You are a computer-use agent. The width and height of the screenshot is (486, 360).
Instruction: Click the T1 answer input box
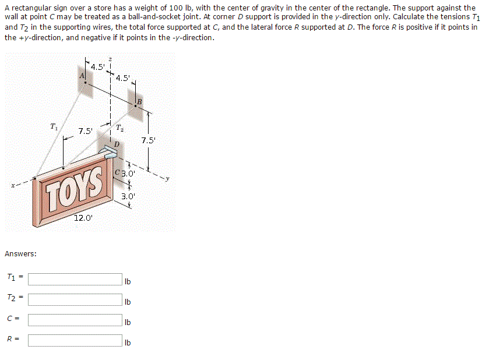pos(75,280)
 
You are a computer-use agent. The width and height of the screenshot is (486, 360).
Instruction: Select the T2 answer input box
pos(75,300)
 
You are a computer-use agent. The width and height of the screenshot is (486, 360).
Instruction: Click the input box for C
pos(75,320)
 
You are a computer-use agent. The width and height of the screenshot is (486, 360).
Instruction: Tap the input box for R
pos(75,340)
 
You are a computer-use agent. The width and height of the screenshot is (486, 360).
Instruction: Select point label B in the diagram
pos(139,103)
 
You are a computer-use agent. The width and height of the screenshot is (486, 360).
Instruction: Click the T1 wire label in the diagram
pos(54,126)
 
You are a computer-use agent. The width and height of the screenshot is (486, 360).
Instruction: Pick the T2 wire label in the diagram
pos(119,128)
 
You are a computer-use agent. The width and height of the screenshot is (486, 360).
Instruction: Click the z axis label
pos(111,58)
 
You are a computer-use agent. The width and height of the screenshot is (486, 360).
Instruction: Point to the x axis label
pos(12,186)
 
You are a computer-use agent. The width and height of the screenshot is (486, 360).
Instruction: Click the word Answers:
pos(21,254)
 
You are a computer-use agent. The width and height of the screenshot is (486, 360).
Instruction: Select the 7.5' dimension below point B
pos(148,140)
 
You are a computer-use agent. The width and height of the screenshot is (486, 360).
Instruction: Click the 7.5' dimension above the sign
pos(86,131)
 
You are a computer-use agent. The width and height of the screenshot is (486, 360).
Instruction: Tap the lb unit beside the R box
pos(128,343)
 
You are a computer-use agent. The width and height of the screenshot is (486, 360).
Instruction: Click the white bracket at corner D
pos(108,153)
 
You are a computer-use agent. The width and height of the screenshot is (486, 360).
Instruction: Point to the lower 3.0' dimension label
pos(128,196)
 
